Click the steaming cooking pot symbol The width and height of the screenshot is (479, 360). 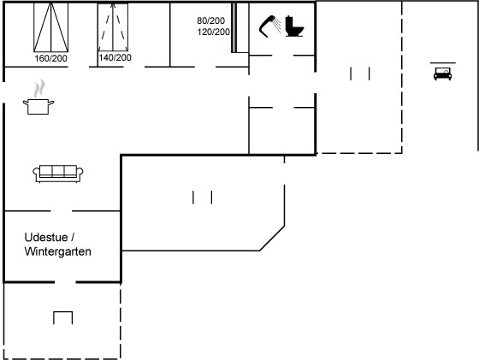click(38, 97)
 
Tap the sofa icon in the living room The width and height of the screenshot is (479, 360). click(58, 174)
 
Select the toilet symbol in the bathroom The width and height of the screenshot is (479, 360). click(294, 27)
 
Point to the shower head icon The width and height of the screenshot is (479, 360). click(266, 27)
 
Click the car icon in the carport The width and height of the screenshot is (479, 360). click(443, 74)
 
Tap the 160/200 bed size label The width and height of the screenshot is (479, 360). click(50, 58)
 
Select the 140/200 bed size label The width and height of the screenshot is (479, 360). click(115, 57)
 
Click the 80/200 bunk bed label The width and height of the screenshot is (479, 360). click(210, 21)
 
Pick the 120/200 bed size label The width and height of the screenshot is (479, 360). click(213, 32)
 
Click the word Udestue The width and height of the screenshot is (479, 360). click(46, 237)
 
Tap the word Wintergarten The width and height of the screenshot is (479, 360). click(58, 251)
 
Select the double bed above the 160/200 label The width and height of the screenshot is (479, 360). click(51, 27)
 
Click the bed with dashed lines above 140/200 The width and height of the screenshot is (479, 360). click(113, 27)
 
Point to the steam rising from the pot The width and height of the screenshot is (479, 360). click(39, 89)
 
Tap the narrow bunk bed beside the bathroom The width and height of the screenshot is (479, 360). click(234, 27)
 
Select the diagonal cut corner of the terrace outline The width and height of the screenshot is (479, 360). click(272, 239)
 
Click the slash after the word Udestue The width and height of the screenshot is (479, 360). click(73, 237)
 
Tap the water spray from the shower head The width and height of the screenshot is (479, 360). click(277, 25)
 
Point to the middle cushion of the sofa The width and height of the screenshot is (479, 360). click(58, 171)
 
